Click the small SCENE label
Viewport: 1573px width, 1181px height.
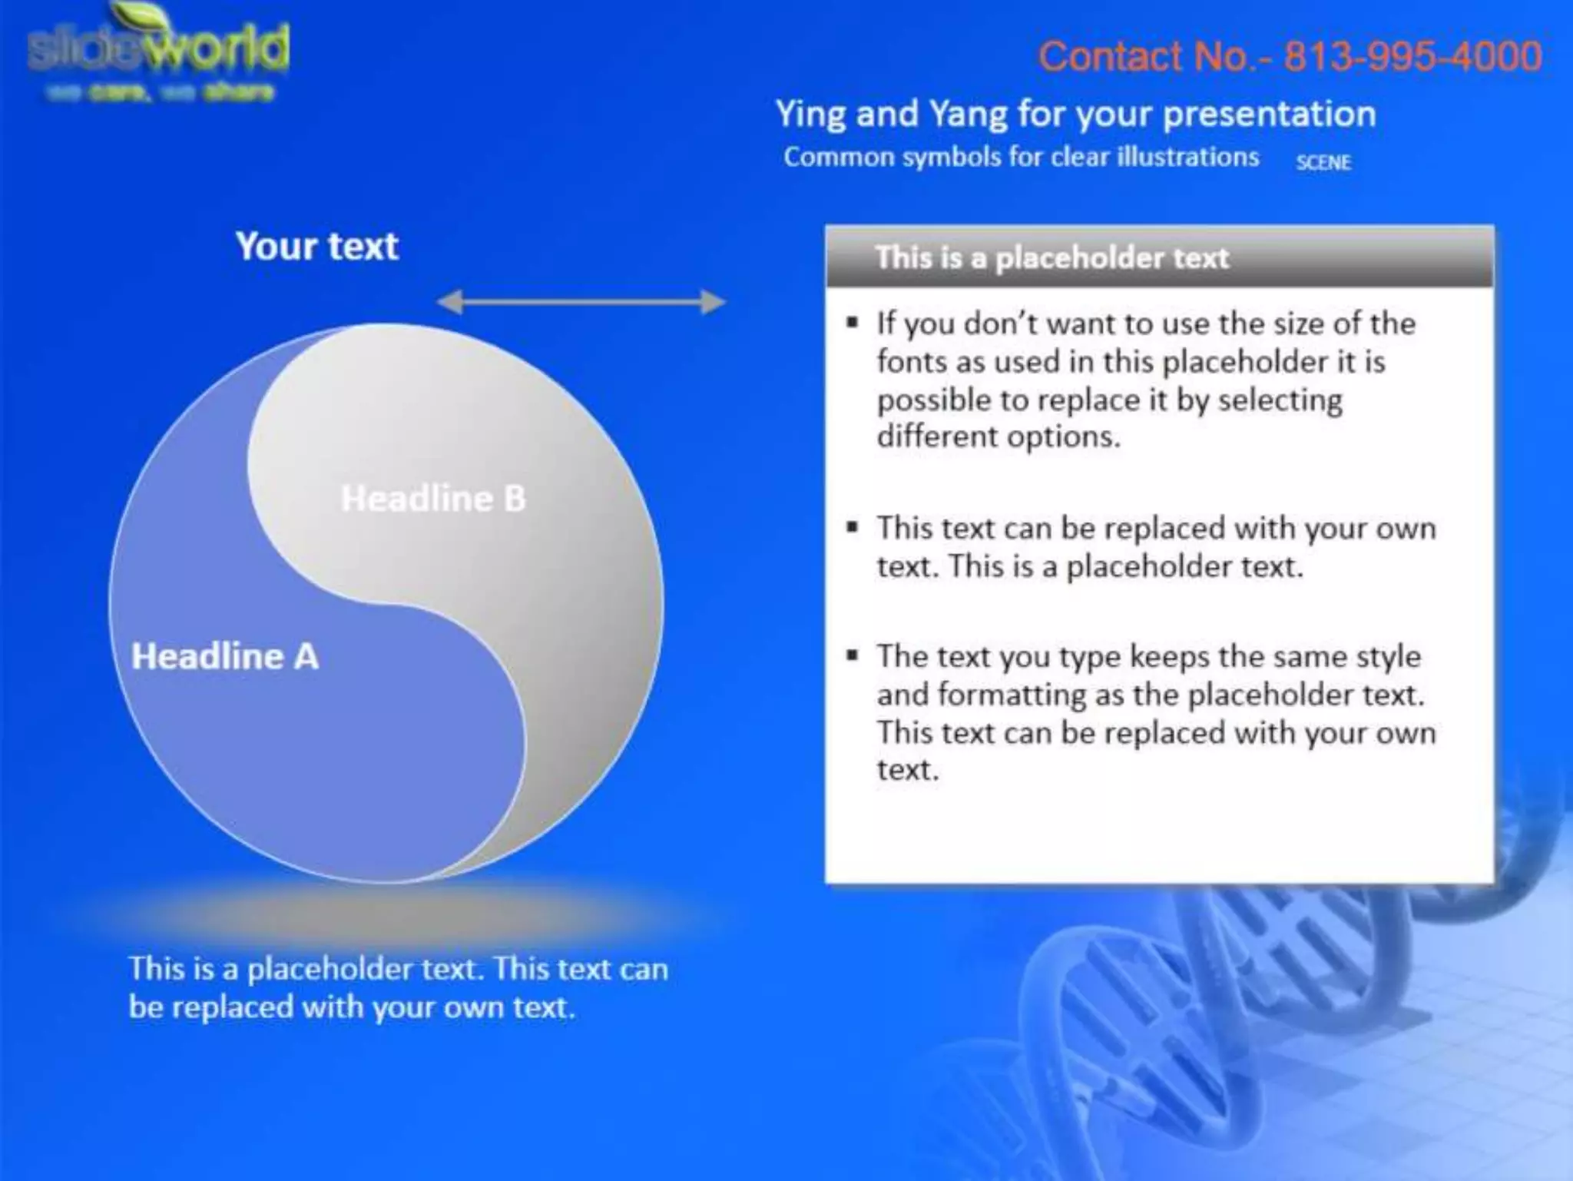[x=1323, y=163]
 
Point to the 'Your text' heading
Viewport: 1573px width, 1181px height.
[x=317, y=247]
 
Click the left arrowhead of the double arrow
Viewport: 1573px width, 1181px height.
[x=450, y=302]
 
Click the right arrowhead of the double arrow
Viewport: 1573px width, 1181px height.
[x=714, y=302]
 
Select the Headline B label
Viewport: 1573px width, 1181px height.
[x=433, y=499]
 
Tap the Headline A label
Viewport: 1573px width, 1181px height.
[x=224, y=657]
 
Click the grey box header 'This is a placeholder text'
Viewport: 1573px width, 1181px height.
[x=1051, y=258]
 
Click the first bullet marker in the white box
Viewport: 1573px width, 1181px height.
[x=853, y=323]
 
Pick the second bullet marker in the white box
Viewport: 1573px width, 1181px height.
[x=853, y=527]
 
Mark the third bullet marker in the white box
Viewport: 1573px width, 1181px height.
[x=853, y=655]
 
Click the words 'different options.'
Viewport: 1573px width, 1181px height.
[x=998, y=437]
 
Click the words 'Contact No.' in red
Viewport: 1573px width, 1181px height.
[x=1144, y=57]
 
